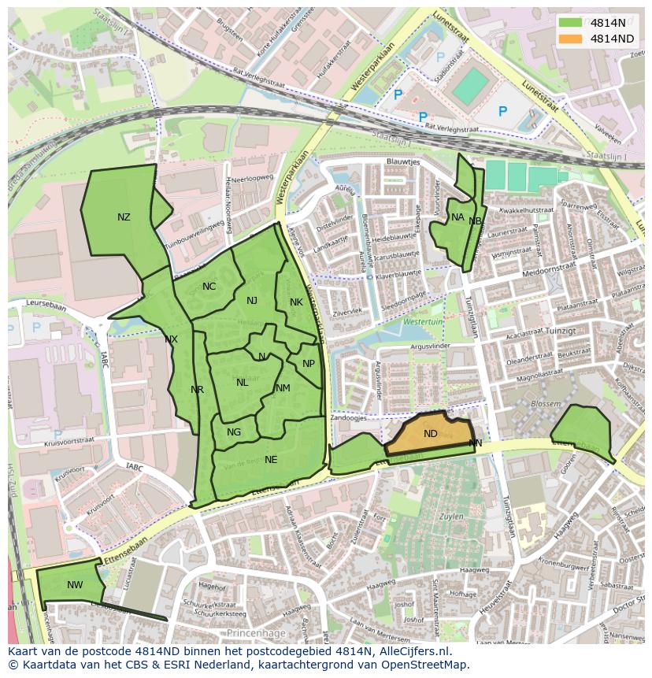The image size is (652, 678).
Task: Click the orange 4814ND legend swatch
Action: [x=571, y=39]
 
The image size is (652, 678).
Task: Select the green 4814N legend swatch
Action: [x=571, y=23]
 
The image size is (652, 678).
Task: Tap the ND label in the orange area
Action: [x=430, y=434]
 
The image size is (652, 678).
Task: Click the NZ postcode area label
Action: [x=124, y=217]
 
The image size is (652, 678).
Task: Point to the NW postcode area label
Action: [x=75, y=584]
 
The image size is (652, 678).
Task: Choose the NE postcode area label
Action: [x=271, y=460]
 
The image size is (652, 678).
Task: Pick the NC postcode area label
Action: [x=209, y=287]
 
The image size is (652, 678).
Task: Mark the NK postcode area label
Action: [x=296, y=302]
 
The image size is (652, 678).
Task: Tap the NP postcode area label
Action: [x=309, y=364]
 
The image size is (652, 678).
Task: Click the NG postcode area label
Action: [x=234, y=432]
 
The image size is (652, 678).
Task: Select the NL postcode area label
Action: [x=242, y=383]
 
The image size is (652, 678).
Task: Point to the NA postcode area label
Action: [x=458, y=217]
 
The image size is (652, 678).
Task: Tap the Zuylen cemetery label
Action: [x=451, y=516]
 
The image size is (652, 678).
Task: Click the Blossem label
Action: [x=546, y=403]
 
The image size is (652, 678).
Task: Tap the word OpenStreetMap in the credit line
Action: [x=425, y=665]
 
